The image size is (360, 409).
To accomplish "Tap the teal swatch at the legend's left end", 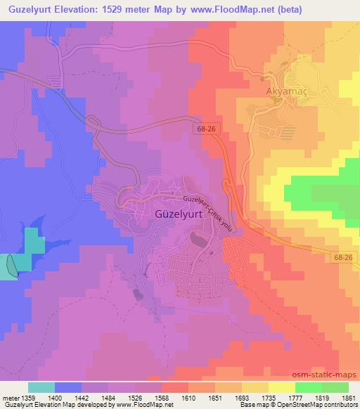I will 41,387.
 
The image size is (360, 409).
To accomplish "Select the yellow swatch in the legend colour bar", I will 281,387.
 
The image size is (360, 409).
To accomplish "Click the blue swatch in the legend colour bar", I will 68,387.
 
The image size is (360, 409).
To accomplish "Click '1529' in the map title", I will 129,8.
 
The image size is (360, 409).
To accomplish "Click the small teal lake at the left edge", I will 10,265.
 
